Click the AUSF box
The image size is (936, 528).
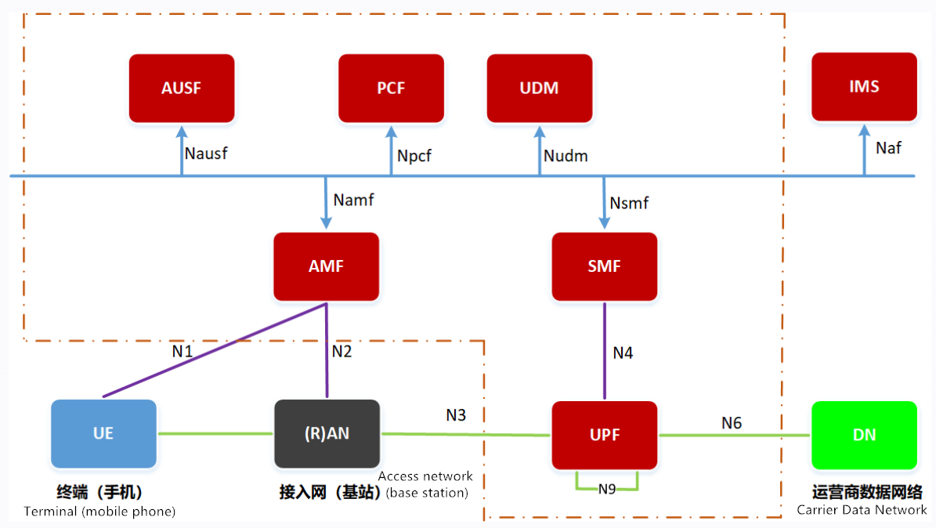(x=182, y=88)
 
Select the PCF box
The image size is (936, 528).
(x=391, y=88)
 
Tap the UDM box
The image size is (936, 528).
(x=540, y=88)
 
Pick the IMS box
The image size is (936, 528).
(x=864, y=86)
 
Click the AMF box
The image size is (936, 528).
(x=326, y=266)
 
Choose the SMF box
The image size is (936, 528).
(x=604, y=266)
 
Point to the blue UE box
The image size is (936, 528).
(x=103, y=433)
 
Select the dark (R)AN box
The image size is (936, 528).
(x=327, y=433)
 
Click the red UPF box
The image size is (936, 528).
(x=605, y=435)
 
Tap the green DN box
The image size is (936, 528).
(x=864, y=435)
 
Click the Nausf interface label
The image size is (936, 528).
(x=206, y=153)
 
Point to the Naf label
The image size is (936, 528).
(x=888, y=147)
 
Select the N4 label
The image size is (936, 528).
(x=623, y=353)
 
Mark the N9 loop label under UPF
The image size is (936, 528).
(x=607, y=490)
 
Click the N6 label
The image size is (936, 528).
(x=732, y=423)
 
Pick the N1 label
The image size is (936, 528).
(x=183, y=351)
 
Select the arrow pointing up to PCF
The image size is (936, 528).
(x=391, y=150)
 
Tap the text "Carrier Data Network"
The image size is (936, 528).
(x=862, y=510)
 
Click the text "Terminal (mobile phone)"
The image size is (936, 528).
(x=99, y=512)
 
